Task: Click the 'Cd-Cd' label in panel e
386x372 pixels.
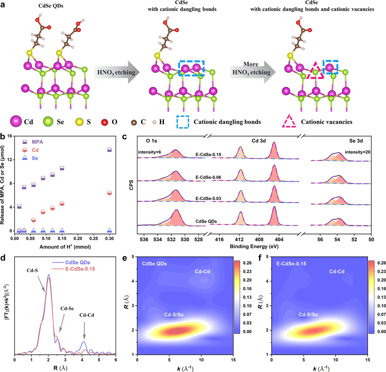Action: (x=202, y=272)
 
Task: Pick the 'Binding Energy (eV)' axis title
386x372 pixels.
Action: (x=254, y=246)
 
